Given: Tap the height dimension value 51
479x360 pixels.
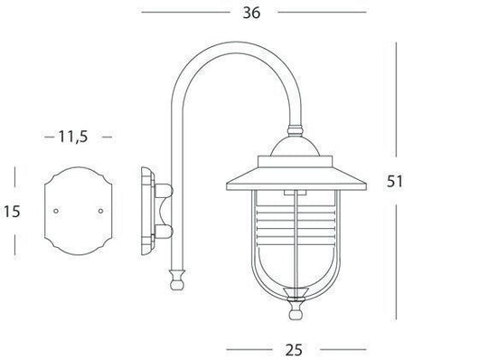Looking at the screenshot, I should coord(394,181).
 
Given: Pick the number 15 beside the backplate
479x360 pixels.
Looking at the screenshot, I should coord(13,211).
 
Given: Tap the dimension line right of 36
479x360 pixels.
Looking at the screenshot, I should coord(325,13).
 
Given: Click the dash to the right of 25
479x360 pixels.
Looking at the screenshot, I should coord(344,346).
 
